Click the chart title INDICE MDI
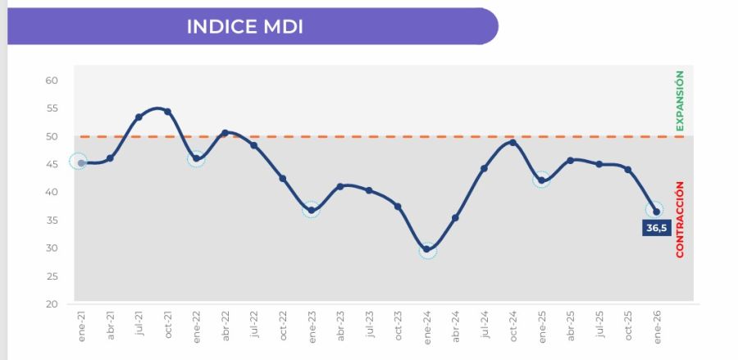(x=245, y=26)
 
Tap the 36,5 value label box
(x=656, y=228)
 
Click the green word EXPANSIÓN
(x=679, y=101)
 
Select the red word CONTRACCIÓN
(x=679, y=221)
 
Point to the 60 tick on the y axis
(x=52, y=80)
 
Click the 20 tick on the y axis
(x=52, y=304)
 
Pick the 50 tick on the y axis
(x=52, y=136)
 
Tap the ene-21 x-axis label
(x=81, y=326)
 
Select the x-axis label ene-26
(x=656, y=326)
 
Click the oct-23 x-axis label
(x=398, y=326)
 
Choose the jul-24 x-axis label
(x=484, y=326)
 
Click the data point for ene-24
(x=427, y=249)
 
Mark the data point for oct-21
(x=167, y=112)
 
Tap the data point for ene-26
(x=656, y=212)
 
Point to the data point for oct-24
(x=512, y=143)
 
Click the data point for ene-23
(x=312, y=210)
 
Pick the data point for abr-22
(x=225, y=133)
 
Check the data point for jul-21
(x=139, y=117)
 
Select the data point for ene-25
(x=541, y=180)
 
